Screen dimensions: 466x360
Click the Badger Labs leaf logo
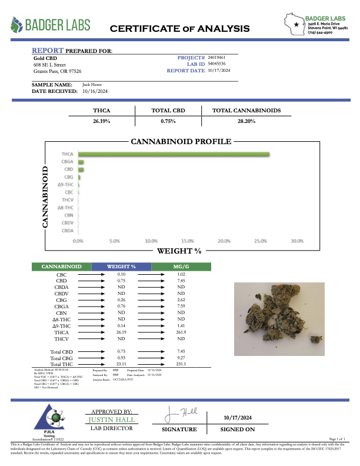point(18,25)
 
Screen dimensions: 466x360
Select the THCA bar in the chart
point(174,155)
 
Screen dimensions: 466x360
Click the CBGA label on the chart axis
point(68,162)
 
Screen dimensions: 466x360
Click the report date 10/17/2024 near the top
point(219,70)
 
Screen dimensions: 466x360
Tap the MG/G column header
point(181,267)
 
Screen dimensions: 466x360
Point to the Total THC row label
point(62,364)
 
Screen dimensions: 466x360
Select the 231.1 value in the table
point(181,364)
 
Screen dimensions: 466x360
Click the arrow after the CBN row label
point(91,312)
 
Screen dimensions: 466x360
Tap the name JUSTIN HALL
point(111,420)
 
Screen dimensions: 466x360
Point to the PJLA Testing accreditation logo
point(37,422)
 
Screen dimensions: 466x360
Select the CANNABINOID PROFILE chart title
point(181,142)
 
